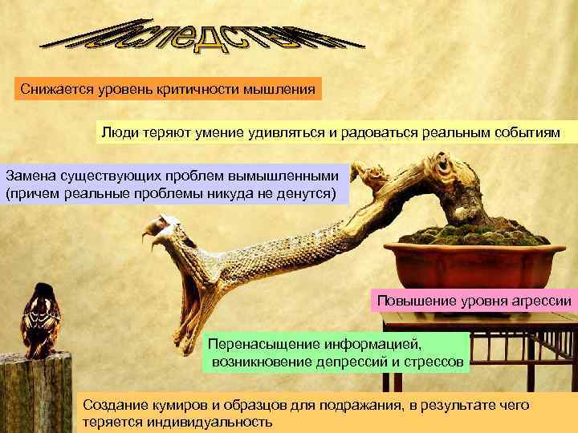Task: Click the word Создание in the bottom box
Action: [x=113, y=405]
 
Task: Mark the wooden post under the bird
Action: [x=36, y=393]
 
